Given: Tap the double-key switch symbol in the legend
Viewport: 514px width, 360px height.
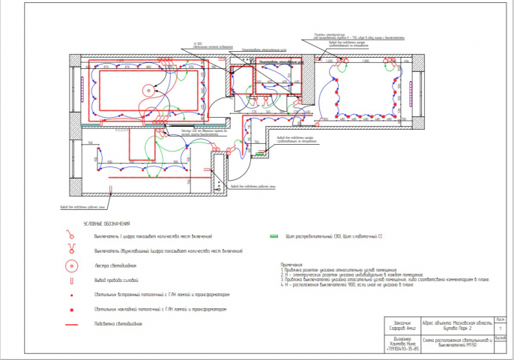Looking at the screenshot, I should tap(71, 251).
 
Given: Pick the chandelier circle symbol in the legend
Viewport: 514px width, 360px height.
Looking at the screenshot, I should tap(71, 266).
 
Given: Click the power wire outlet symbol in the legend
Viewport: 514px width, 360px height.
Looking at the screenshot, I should tap(71, 280).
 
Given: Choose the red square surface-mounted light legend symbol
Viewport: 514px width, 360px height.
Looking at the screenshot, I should tap(71, 309).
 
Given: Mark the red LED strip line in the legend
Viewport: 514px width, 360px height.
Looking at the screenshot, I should tap(71, 324).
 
